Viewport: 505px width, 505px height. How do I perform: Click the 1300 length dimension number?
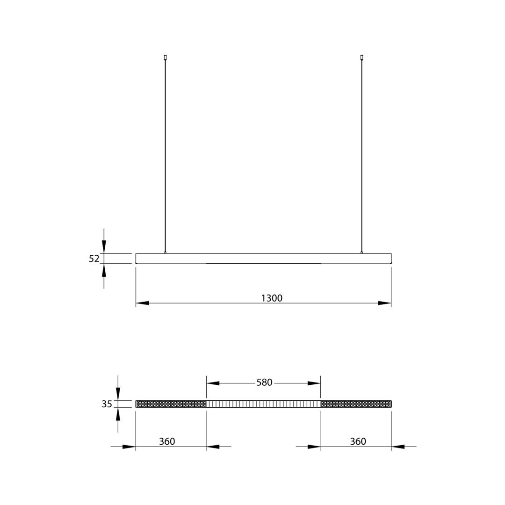point(272,298)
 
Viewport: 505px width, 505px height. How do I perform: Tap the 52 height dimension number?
point(94,259)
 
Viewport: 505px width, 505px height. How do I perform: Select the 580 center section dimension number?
point(264,382)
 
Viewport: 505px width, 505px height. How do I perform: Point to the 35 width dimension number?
point(107,404)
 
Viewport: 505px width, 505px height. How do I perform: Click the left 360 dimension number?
point(167,441)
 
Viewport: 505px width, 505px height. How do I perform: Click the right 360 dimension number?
point(358,441)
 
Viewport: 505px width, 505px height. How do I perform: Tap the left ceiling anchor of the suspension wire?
point(165,58)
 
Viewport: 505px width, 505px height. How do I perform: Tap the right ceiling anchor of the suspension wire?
point(361,58)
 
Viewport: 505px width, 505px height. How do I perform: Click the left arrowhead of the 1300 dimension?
point(142,303)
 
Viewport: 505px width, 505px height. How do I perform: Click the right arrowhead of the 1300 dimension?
point(384,303)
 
